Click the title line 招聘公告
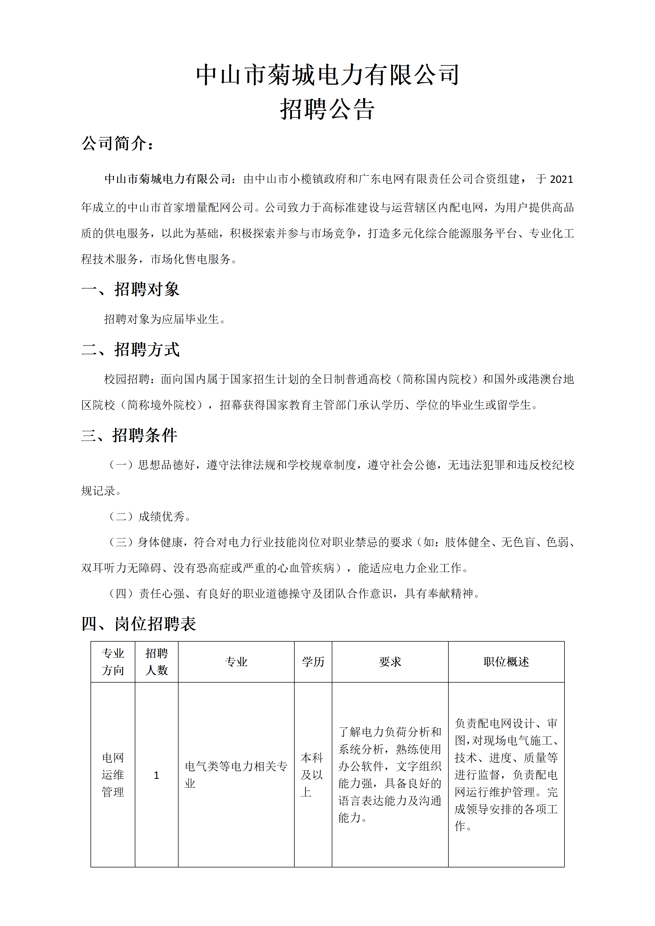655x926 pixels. click(327, 109)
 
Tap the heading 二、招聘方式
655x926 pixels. click(130, 349)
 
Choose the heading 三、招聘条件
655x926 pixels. click(129, 435)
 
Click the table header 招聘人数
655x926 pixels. click(157, 662)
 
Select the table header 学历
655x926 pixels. click(313, 662)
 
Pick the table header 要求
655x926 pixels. click(390, 662)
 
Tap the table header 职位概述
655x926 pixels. click(506, 662)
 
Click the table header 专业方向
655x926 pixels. click(113, 662)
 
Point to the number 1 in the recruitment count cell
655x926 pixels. click(157, 775)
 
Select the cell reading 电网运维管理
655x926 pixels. click(113, 775)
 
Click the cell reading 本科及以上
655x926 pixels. click(312, 775)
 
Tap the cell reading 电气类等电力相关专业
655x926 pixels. click(236, 775)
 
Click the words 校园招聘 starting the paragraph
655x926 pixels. click(127, 379)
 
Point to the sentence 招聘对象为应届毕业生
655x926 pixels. click(165, 319)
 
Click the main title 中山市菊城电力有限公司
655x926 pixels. click(327, 75)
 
